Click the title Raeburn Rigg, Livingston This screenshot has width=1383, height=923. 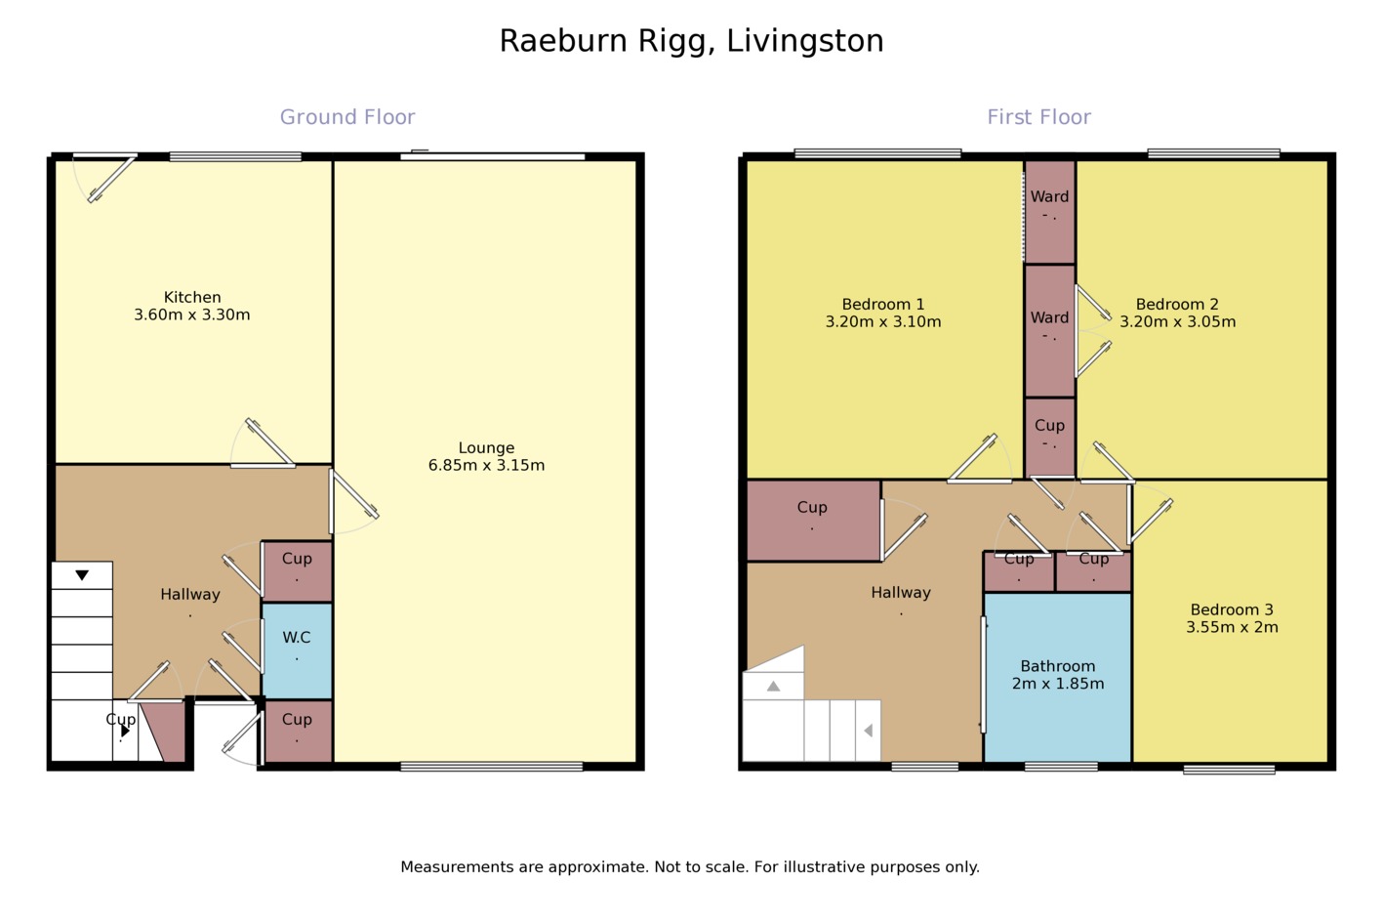coord(691,41)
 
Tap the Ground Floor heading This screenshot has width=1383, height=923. coord(347,117)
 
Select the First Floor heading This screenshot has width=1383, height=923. coord(1038,117)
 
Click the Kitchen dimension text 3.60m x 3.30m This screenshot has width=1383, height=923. coord(192,315)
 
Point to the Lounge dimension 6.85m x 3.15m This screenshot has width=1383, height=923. coord(486,466)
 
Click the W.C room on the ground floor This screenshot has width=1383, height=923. coord(297,650)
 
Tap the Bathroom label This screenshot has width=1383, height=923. coord(1058,666)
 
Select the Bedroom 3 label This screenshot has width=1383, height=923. coord(1232,609)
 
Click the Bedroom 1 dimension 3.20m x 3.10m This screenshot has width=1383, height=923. coord(883,322)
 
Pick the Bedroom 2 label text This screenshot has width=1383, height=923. coord(1177,305)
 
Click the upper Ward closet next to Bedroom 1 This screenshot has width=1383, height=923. coord(1049,211)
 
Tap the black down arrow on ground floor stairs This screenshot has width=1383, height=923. coord(82,575)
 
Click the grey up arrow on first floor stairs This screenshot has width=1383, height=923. coord(773,687)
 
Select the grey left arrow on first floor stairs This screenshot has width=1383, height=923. coord(868,730)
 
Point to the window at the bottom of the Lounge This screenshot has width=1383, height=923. coord(491,767)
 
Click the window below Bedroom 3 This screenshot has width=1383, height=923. coord(1229,770)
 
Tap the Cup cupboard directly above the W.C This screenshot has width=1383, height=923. coord(297,571)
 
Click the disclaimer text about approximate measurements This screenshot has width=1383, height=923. coord(690,867)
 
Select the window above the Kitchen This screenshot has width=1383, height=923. coord(235,156)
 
